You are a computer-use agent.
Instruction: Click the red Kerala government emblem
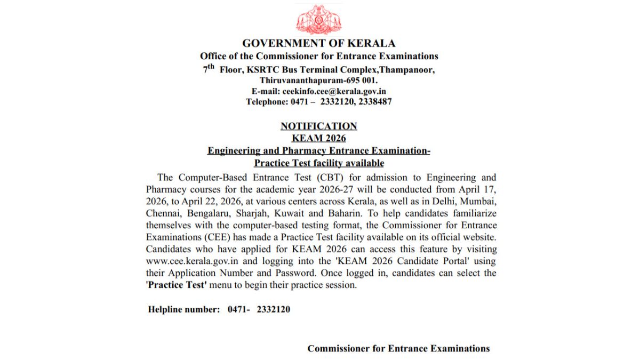[x=319, y=20]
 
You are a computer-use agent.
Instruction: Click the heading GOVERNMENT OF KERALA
[x=319, y=44]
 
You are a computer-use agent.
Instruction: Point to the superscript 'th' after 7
[x=211, y=67]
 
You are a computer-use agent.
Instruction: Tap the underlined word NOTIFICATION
[x=319, y=126]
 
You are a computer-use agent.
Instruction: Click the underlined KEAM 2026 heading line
[x=319, y=139]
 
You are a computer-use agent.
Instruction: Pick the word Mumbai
[x=480, y=202]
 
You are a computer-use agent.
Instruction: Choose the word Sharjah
[x=261, y=214]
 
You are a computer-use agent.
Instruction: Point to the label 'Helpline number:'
[x=183, y=309]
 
